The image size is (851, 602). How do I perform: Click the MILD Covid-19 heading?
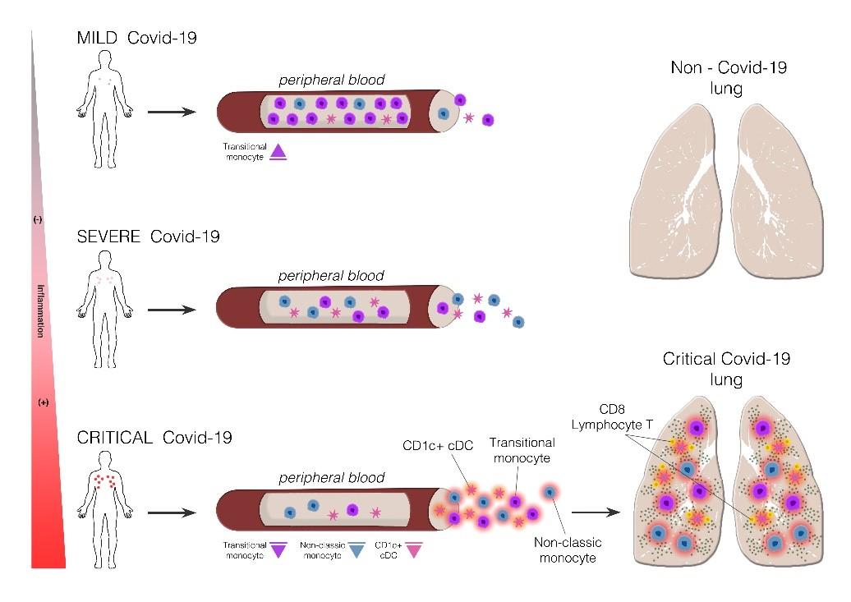136,39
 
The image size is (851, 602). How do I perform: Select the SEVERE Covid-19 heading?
148,237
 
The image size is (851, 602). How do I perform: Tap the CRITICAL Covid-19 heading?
154,438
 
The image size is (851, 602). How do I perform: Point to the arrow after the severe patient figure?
172,311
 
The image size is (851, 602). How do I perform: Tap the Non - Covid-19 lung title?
728,77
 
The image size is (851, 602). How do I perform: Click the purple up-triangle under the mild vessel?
278,151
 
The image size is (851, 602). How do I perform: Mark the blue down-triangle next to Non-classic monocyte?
356,551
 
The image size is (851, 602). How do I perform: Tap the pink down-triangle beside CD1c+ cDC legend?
414,551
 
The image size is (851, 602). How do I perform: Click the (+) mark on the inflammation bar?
44,402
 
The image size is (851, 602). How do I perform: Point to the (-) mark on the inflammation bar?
38,220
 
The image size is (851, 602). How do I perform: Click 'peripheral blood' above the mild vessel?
330,80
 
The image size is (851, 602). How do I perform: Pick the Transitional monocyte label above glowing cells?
523,450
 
